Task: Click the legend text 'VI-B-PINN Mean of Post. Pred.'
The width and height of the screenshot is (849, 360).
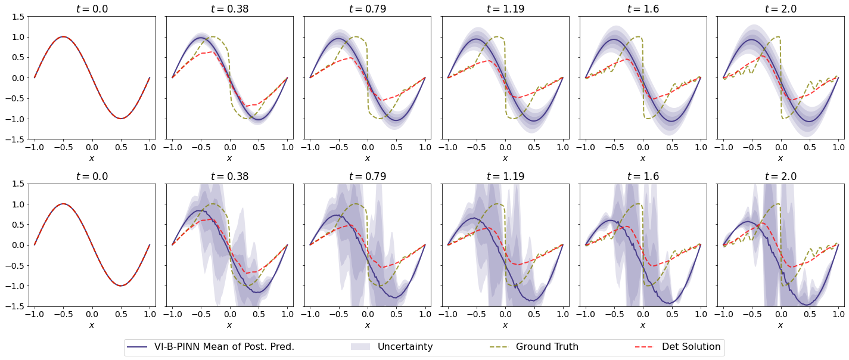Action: (x=224, y=347)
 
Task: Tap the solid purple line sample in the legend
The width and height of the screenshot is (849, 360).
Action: (x=137, y=347)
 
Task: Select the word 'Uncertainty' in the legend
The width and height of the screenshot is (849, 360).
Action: (x=405, y=347)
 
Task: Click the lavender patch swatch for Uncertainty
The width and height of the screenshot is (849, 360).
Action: (x=360, y=347)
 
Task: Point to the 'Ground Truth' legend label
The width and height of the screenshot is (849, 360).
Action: (x=547, y=347)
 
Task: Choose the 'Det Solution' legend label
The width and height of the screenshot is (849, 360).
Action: (x=691, y=347)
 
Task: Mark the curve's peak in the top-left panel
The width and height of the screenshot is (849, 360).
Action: (x=63, y=37)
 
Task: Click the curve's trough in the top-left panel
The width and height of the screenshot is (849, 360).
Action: (x=120, y=118)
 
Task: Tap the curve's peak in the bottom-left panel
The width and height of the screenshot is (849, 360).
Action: (x=63, y=204)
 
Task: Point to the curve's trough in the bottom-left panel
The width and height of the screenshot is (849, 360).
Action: (x=120, y=285)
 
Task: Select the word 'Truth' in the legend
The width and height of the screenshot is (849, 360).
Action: (x=564, y=347)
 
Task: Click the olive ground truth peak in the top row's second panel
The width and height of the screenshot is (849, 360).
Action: (x=212, y=37)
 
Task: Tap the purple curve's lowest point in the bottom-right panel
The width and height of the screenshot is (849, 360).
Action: (x=807, y=305)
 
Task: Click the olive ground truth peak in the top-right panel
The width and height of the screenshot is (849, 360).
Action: (x=778, y=37)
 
